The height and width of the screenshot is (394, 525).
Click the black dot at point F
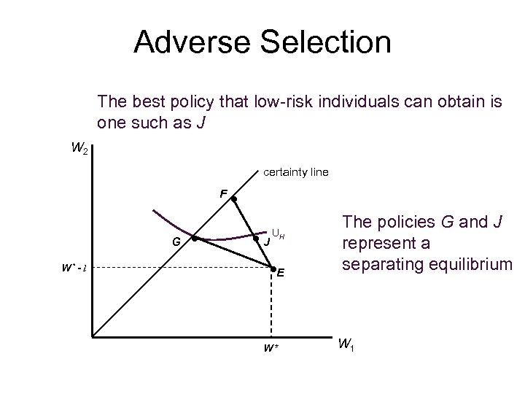coord(234,198)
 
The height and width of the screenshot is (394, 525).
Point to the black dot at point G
coord(194,239)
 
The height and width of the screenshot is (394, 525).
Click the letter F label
coord(224,193)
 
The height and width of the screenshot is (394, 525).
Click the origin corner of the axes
coord(93,338)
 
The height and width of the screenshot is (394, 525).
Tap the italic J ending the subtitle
coord(209,122)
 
